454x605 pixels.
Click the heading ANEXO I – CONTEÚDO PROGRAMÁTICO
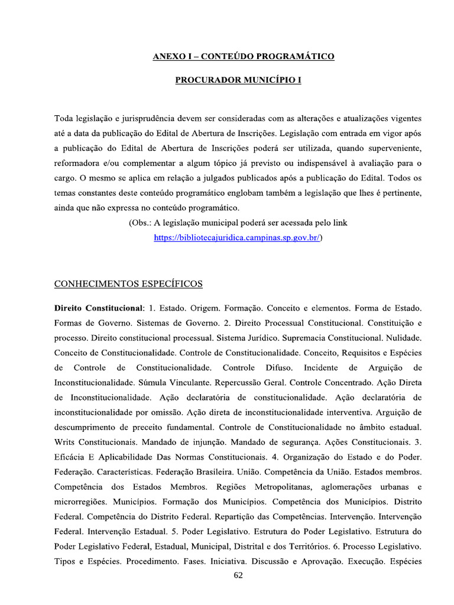[244, 57]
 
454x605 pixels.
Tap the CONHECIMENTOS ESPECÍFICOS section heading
[128, 284]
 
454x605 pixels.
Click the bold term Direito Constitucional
[99, 308]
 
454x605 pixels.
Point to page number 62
[238, 575]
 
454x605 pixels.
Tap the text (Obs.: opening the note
[141, 223]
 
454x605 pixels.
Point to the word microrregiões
[81, 502]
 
